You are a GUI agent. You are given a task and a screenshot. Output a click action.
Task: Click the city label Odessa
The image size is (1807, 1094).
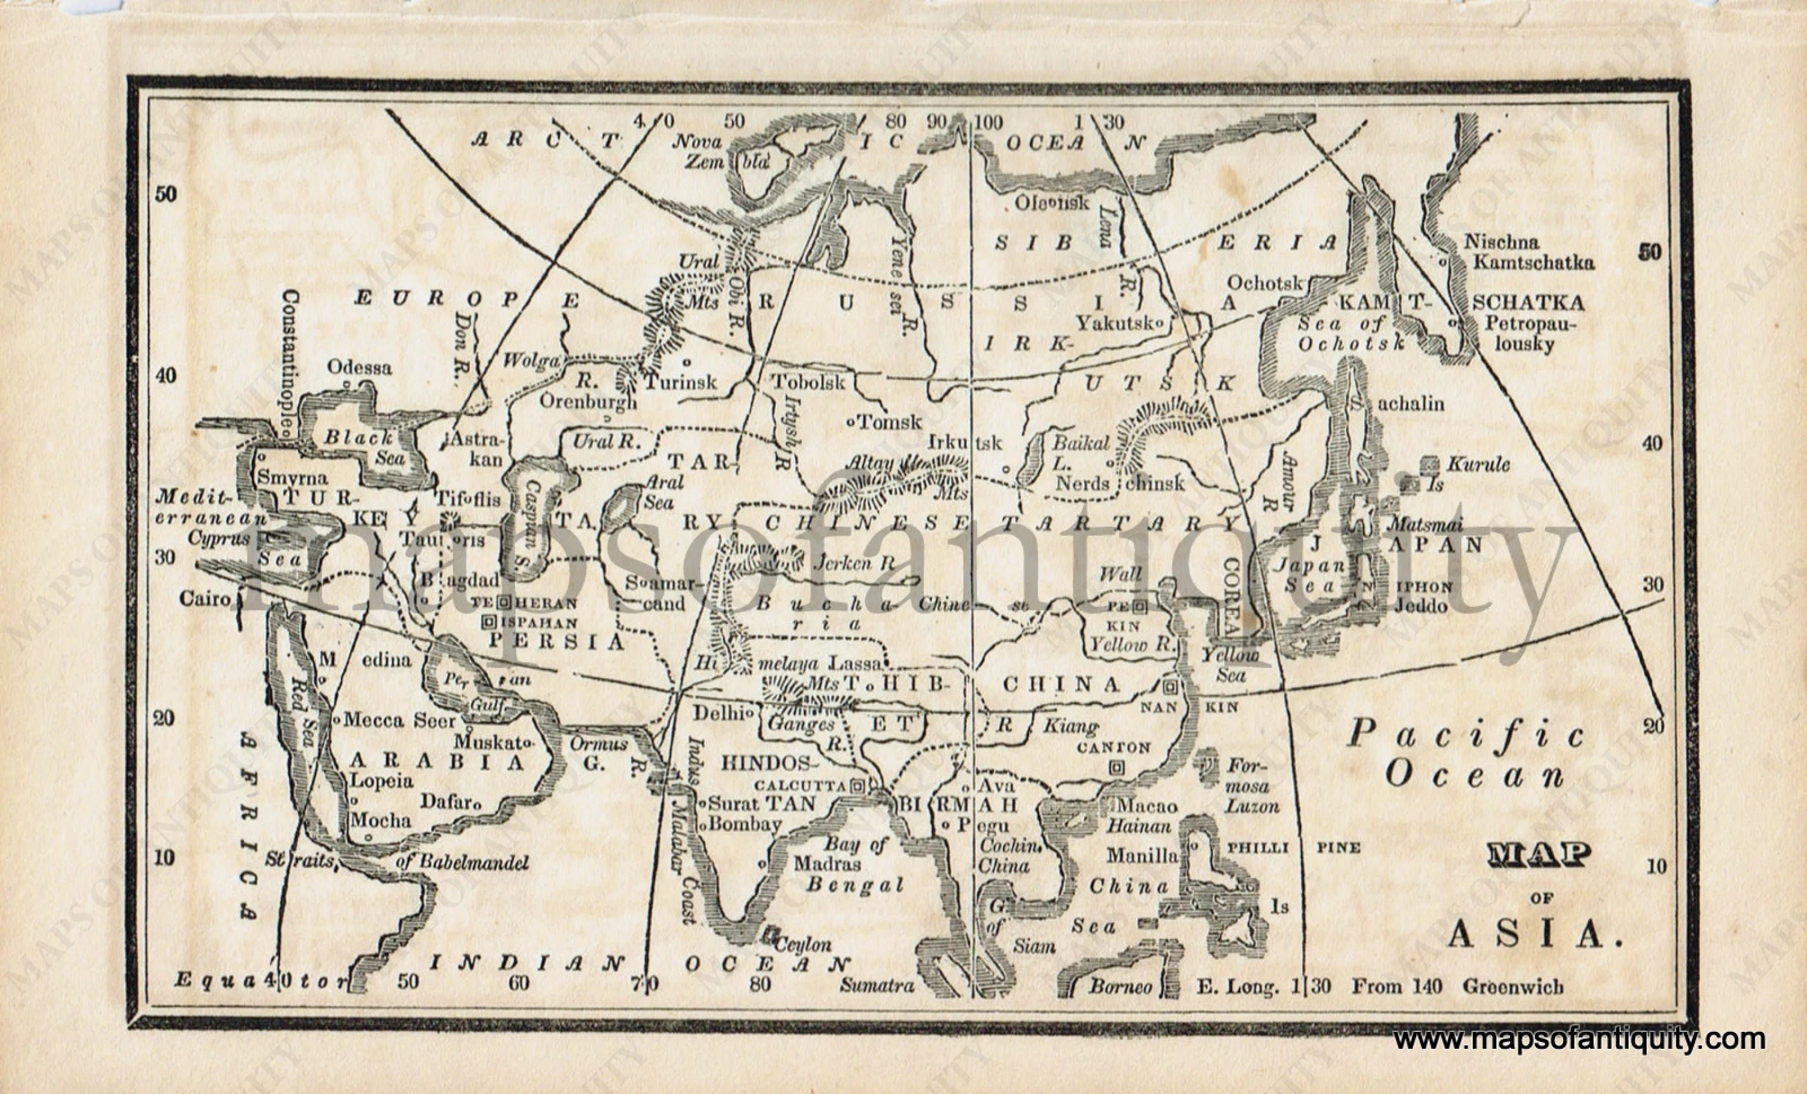click(x=360, y=367)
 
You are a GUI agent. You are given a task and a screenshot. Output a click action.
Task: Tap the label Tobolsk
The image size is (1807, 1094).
click(x=808, y=382)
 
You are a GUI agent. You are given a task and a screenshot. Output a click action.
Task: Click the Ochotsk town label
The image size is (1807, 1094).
click(x=1264, y=283)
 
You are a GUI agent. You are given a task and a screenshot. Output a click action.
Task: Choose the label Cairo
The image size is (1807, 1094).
click(x=205, y=599)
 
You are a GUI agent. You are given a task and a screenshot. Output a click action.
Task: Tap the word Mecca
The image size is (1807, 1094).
click(x=373, y=720)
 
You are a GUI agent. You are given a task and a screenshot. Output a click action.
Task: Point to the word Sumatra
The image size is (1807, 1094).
click(x=877, y=986)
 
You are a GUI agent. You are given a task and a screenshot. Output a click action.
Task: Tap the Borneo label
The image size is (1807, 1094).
click(x=1120, y=986)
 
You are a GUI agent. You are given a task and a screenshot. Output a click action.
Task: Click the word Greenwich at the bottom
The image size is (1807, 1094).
click(x=1513, y=987)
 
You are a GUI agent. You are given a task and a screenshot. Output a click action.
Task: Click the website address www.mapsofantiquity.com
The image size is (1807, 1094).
click(x=1579, y=1040)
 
